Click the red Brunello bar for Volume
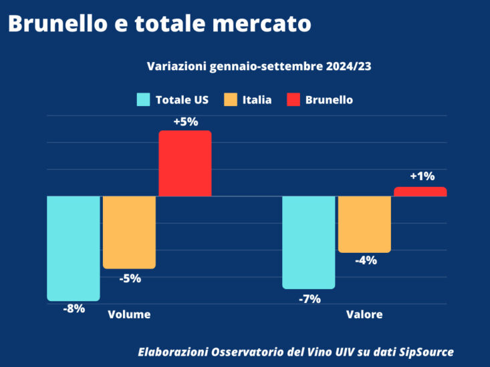(x=185, y=163)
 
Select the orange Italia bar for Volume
(x=129, y=232)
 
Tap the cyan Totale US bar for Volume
(x=74, y=248)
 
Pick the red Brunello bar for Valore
(x=420, y=192)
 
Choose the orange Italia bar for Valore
(x=364, y=224)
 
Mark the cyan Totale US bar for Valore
(x=309, y=242)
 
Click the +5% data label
(x=185, y=123)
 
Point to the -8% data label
(x=74, y=309)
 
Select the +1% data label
(x=422, y=177)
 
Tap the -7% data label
(x=310, y=299)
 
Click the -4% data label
(x=365, y=261)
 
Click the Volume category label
(x=129, y=314)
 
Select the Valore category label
(x=364, y=314)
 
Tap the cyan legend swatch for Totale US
(x=143, y=100)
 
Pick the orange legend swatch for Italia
(x=231, y=100)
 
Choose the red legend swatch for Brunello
(x=293, y=100)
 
